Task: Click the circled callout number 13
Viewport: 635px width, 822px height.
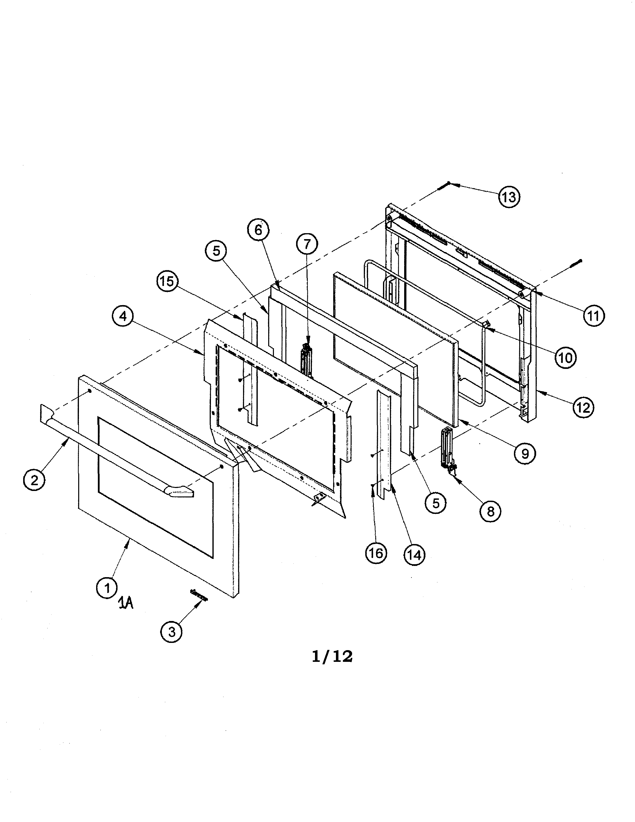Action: tap(509, 197)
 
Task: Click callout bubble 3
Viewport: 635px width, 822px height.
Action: tap(172, 631)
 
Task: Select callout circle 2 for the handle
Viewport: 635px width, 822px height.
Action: tap(34, 480)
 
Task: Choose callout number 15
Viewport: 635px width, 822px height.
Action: tap(167, 281)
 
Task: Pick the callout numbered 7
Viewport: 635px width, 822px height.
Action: tap(307, 244)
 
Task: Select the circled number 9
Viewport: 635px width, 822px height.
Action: tap(525, 454)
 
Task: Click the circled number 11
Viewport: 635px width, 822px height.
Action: tap(594, 315)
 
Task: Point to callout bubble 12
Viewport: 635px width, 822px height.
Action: tap(583, 407)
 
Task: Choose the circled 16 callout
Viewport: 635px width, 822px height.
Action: tap(376, 553)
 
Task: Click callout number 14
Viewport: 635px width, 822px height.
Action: tap(414, 554)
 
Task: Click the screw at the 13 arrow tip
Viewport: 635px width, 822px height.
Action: tap(444, 186)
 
